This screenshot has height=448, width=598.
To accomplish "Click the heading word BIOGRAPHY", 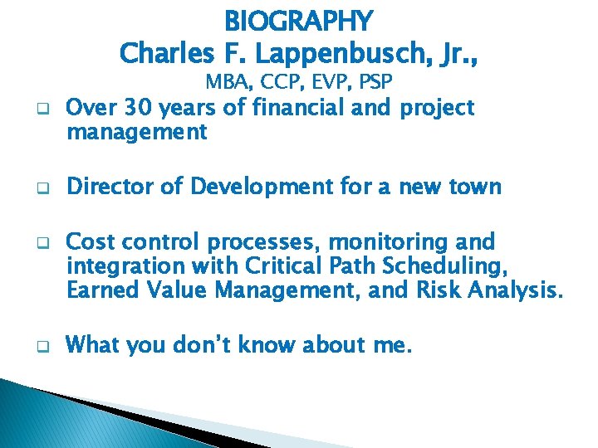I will [x=299, y=19].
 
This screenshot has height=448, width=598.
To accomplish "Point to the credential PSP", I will [x=374, y=82].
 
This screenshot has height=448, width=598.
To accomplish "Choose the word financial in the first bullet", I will [x=297, y=108].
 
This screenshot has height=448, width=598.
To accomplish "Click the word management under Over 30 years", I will [x=137, y=131].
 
